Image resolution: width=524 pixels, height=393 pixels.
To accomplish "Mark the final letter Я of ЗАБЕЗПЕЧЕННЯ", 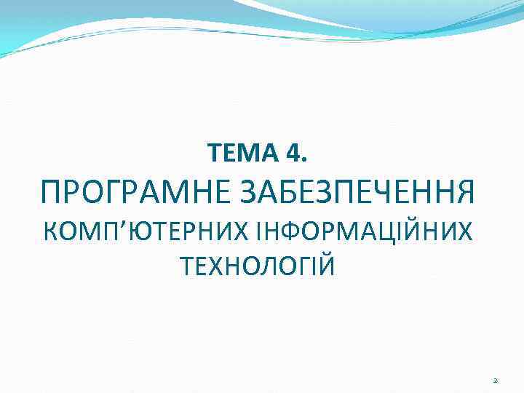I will [x=464, y=193].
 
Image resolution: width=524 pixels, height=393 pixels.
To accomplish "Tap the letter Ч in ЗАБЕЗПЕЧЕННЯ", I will [x=382, y=193].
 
